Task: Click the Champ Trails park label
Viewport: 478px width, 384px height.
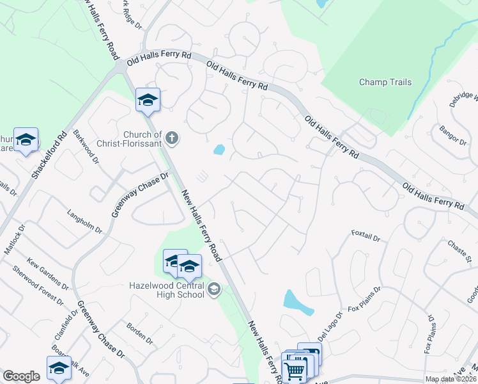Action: coord(385,82)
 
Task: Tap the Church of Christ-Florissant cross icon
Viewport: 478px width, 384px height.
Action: coord(171,137)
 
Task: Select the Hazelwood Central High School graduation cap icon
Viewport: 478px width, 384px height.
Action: coord(214,290)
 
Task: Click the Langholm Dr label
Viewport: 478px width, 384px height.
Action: coord(84,220)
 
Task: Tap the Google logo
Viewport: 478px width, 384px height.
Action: coord(21,376)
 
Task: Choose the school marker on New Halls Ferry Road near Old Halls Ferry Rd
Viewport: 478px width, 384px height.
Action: coord(148,100)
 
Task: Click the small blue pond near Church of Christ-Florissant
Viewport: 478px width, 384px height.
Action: coord(219,150)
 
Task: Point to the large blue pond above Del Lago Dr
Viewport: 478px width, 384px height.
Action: coord(298,303)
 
